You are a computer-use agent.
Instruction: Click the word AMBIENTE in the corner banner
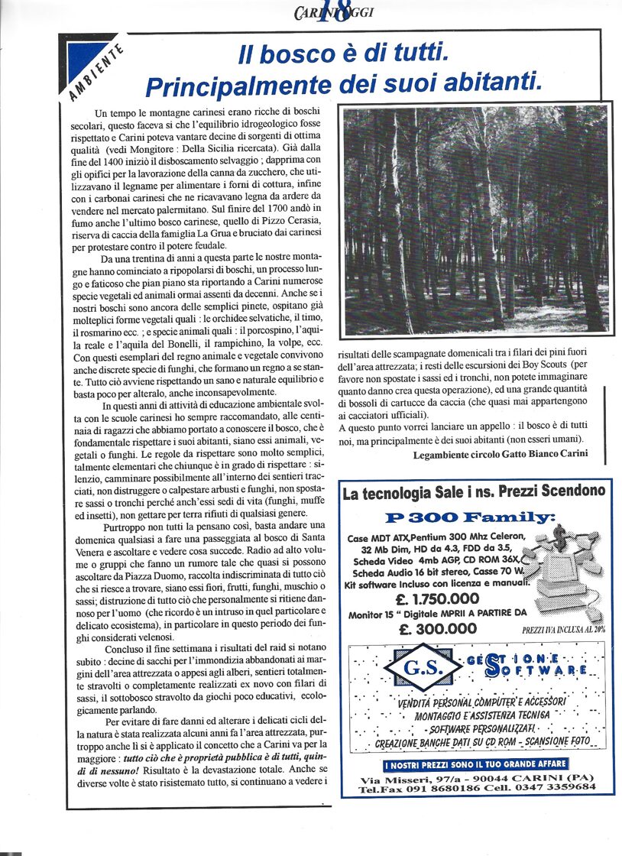click(x=92, y=73)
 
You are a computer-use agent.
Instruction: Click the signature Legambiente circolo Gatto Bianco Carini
click(x=501, y=454)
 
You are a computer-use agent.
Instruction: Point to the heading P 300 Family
click(x=470, y=517)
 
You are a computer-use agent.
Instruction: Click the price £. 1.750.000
click(x=438, y=598)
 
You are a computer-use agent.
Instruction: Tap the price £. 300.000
click(x=438, y=629)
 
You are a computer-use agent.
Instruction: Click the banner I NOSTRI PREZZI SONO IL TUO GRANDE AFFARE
click(x=475, y=764)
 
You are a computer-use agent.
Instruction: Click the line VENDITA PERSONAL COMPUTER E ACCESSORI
click(x=481, y=702)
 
